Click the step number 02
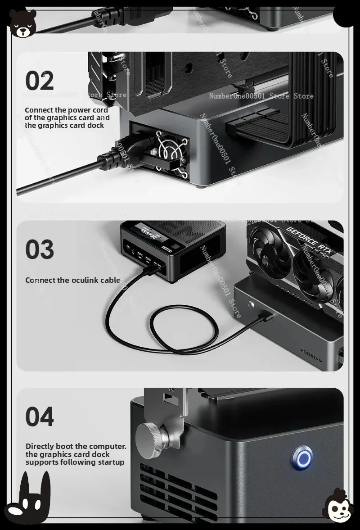pos(39,81)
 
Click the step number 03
pos(40,250)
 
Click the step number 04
pos(40,417)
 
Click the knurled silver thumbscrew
pos(152,437)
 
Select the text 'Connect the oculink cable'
pos(72,280)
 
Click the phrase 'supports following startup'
pos(75,462)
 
